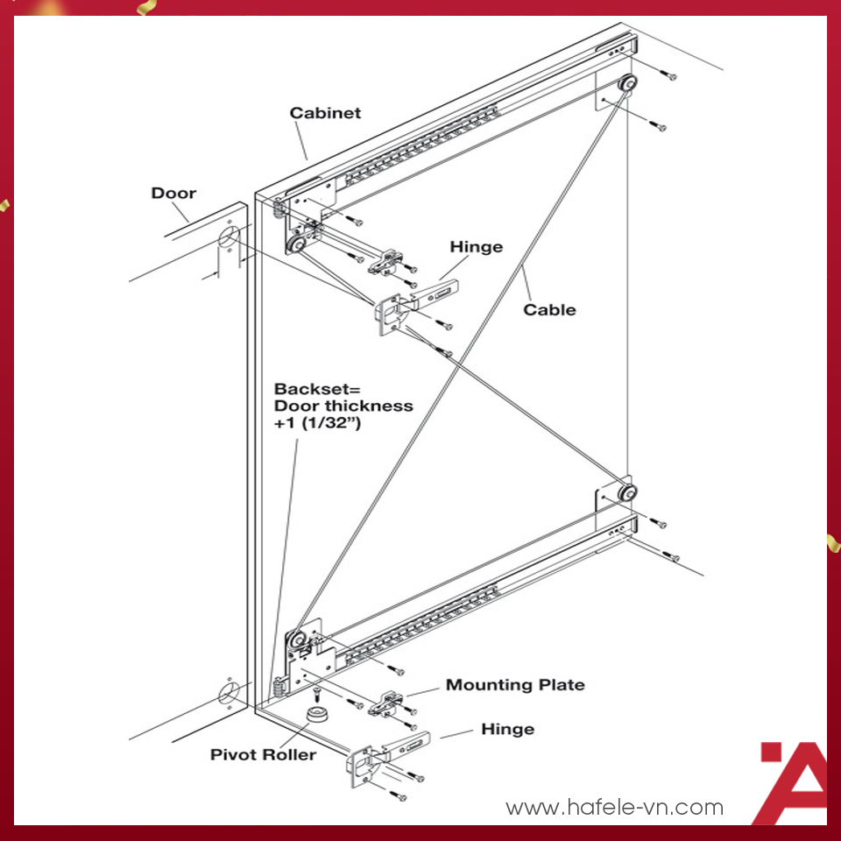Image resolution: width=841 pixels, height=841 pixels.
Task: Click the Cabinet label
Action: (x=325, y=113)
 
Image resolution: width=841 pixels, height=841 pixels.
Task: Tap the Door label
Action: (x=173, y=193)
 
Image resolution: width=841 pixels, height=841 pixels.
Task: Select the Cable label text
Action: (x=549, y=310)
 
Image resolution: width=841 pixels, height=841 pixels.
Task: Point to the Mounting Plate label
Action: (x=515, y=685)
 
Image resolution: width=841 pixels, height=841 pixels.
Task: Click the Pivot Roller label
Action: (x=263, y=754)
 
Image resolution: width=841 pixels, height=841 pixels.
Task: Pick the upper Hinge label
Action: (x=477, y=247)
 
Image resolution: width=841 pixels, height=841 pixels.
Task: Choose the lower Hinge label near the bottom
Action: (x=507, y=730)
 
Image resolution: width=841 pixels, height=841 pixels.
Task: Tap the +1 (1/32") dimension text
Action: (x=317, y=423)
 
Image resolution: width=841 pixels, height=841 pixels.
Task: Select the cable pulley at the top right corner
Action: (x=626, y=85)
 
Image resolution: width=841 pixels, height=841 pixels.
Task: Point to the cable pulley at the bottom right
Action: (x=626, y=492)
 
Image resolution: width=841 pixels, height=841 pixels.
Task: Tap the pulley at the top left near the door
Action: (x=295, y=245)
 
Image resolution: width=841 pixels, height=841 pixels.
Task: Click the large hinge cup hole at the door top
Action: (x=229, y=238)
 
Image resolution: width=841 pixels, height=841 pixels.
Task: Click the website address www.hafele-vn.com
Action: (x=615, y=807)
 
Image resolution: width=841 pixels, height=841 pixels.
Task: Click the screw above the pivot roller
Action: (x=317, y=694)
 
